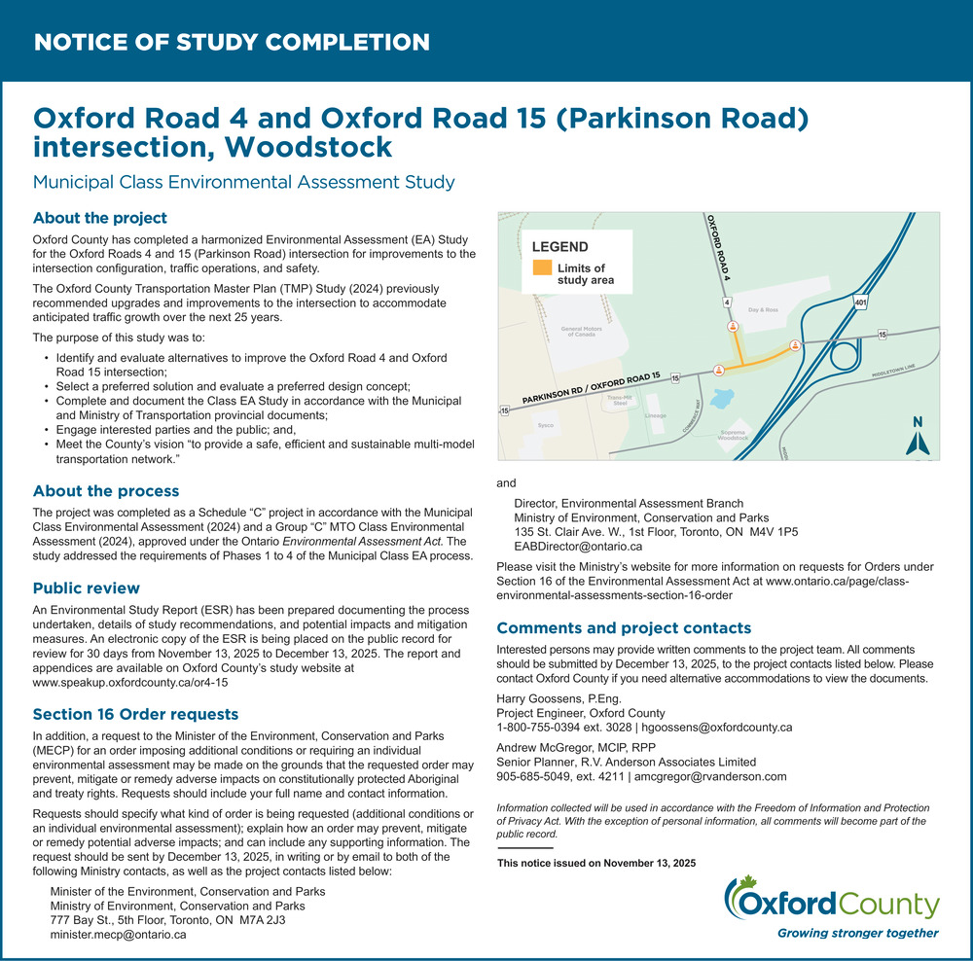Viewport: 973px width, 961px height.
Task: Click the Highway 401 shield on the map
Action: point(860,303)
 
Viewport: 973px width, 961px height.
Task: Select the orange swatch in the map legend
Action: point(542,269)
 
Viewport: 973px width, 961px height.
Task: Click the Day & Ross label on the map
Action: point(763,309)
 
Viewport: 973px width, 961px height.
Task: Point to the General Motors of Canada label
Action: point(578,331)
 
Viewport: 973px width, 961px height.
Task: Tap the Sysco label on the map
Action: point(546,426)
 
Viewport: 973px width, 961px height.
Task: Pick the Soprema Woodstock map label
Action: point(733,435)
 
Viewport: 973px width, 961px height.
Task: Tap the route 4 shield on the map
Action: point(727,303)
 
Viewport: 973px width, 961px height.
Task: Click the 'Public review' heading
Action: point(87,588)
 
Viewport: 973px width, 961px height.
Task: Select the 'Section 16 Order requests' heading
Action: point(135,715)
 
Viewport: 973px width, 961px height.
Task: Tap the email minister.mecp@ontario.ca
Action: point(118,934)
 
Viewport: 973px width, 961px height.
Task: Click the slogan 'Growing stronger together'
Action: point(857,933)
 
